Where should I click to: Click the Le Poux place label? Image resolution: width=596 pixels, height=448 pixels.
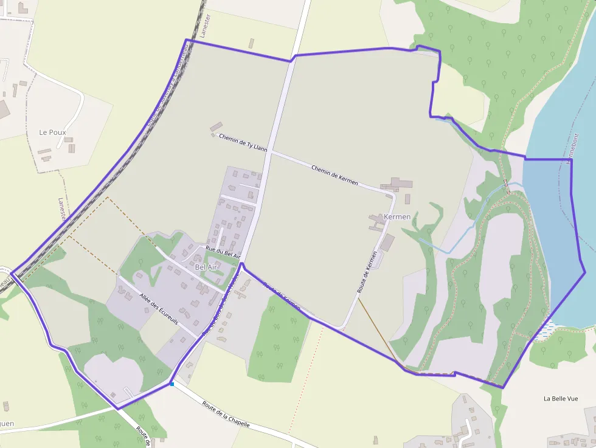[x=52, y=132]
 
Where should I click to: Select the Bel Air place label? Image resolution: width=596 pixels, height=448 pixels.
[x=206, y=267]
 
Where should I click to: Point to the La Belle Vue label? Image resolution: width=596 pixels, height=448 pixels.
[x=560, y=399]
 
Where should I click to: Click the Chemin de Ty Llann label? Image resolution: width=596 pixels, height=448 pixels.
[x=243, y=143]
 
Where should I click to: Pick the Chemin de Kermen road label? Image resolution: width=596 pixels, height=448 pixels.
[x=334, y=175]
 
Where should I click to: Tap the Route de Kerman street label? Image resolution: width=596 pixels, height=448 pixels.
[x=367, y=273]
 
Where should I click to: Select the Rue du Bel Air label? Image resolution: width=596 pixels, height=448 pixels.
[x=223, y=252]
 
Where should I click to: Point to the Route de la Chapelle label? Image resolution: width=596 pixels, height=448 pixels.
[x=226, y=415]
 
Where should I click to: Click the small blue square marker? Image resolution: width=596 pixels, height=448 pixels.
[x=172, y=384]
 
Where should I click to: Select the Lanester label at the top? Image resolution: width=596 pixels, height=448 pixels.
[x=205, y=26]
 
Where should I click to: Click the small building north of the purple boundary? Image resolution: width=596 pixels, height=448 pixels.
[x=251, y=43]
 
